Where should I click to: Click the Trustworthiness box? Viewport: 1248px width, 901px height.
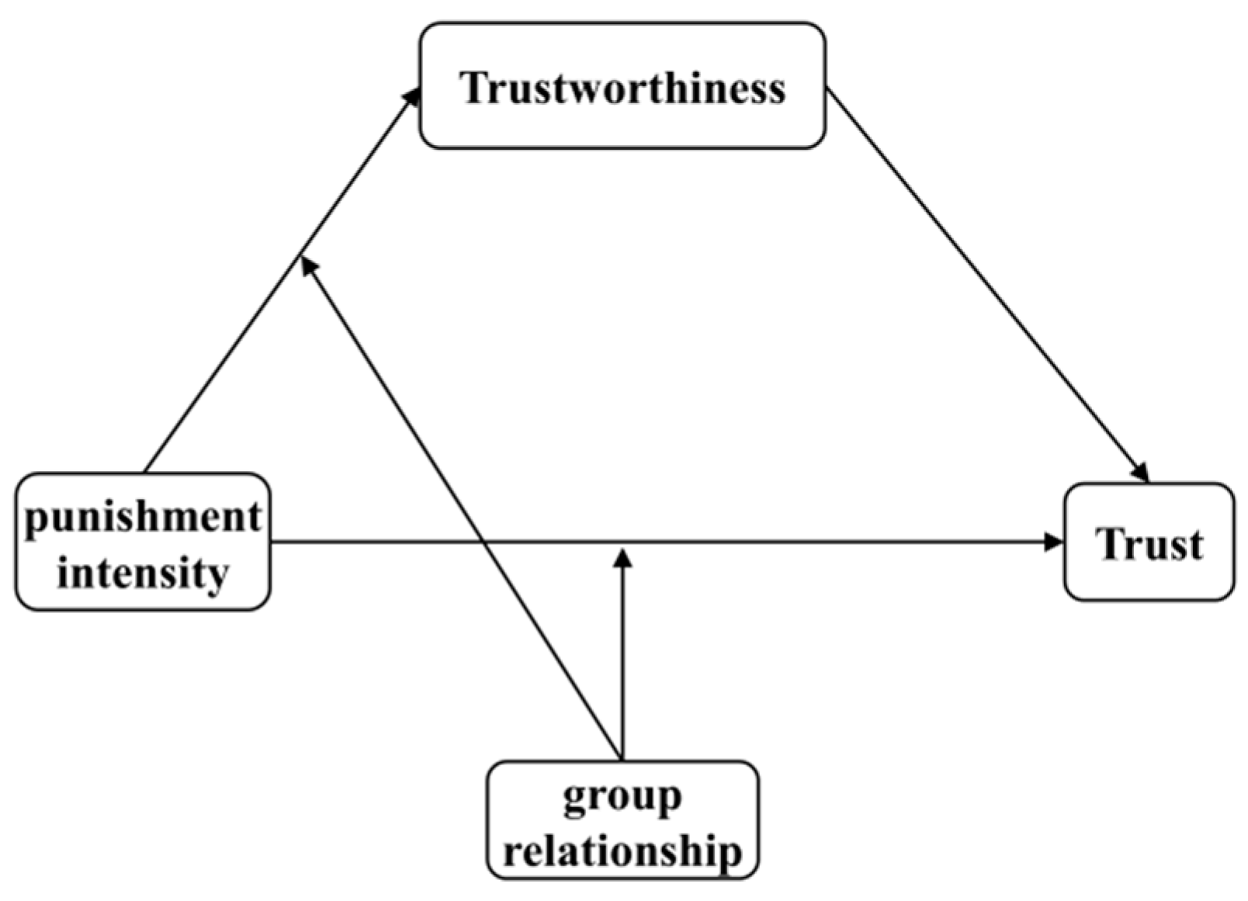[622, 85]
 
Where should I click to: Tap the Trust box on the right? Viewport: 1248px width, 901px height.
[1148, 542]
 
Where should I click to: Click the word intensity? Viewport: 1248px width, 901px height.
[143, 574]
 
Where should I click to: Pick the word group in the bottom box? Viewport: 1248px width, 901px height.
[622, 797]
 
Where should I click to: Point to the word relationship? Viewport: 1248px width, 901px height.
[622, 851]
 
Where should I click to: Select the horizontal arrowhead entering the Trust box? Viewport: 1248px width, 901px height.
[1054, 542]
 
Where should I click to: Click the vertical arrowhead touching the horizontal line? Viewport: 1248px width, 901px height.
[622, 556]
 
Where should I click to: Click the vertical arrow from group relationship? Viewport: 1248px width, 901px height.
[622, 660]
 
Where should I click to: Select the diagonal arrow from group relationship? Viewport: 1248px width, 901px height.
[466, 512]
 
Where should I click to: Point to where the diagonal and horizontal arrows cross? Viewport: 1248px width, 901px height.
[483, 542]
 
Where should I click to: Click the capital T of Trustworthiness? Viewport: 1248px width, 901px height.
[473, 87]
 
